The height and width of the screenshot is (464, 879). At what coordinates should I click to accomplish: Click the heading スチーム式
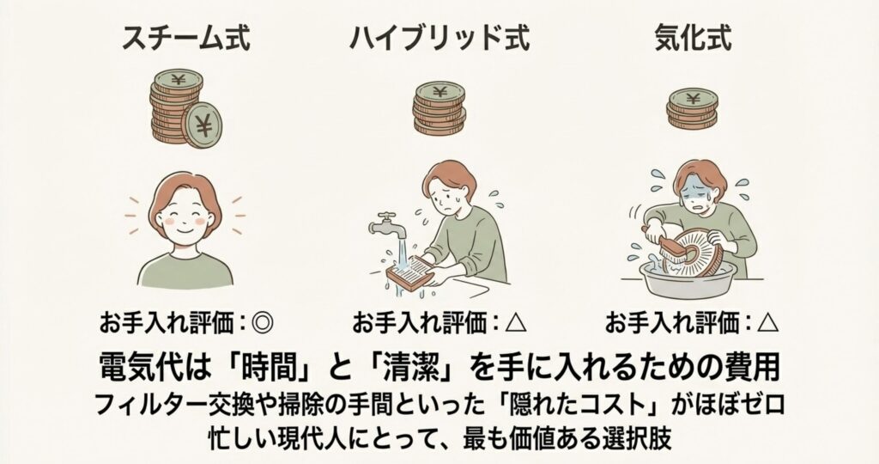(x=185, y=39)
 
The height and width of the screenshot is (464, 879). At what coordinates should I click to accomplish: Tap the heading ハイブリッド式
(x=439, y=39)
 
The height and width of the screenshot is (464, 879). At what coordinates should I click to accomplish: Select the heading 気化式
(x=693, y=39)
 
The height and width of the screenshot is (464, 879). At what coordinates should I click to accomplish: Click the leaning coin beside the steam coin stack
(x=202, y=125)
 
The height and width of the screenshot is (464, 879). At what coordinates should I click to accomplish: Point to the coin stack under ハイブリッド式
(x=439, y=108)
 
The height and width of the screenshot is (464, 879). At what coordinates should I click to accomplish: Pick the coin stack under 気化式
(x=693, y=109)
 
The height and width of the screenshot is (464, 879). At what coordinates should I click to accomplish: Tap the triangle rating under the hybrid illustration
(x=516, y=324)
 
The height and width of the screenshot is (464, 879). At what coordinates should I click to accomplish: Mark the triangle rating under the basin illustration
(x=768, y=324)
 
